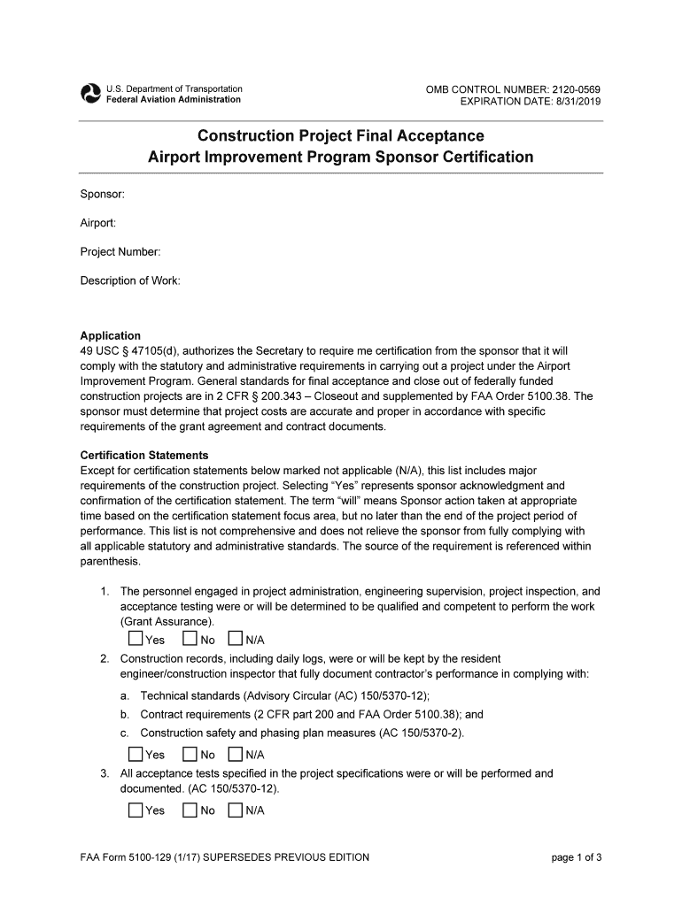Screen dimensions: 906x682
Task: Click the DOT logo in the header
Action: click(x=90, y=94)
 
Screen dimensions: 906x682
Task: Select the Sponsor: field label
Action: click(x=103, y=194)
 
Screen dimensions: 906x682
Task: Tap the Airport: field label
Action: click(x=98, y=223)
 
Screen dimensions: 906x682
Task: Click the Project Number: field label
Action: click(x=120, y=252)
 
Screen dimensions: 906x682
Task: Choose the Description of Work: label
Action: click(x=130, y=280)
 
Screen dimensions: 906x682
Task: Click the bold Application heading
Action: click(x=111, y=336)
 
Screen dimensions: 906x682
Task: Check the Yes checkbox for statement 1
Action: click(x=135, y=639)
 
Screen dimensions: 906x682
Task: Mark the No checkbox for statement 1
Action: click(x=190, y=639)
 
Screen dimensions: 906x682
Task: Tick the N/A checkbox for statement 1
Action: click(x=236, y=639)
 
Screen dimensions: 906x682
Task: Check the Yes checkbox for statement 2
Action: click(x=135, y=755)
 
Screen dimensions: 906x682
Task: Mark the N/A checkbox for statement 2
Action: click(x=236, y=755)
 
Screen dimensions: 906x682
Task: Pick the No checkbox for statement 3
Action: click(x=190, y=810)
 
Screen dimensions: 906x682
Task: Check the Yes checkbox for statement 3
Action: click(x=135, y=810)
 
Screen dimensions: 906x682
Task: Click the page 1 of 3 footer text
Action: click(x=577, y=857)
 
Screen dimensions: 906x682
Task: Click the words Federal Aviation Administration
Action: click(x=174, y=99)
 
